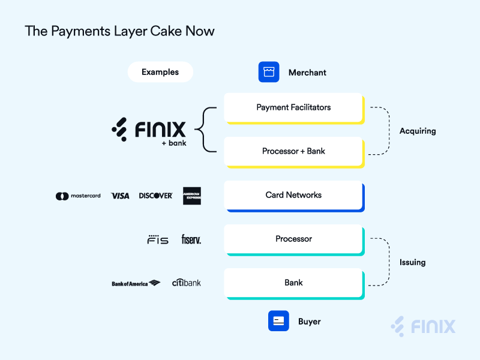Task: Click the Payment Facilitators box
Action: [293, 107]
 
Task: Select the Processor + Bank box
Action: [293, 151]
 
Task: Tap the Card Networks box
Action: [293, 195]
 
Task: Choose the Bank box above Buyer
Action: [293, 283]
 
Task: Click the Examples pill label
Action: [160, 72]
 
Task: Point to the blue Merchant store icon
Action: [269, 72]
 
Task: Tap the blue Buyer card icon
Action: [278, 321]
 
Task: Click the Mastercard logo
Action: [78, 196]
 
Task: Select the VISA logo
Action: [120, 196]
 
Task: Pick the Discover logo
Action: [155, 196]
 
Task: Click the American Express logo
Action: [192, 196]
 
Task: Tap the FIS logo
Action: [158, 239]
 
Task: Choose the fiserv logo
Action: [191, 239]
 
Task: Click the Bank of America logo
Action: [136, 283]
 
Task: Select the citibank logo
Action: [186, 282]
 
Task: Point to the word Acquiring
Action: [418, 131]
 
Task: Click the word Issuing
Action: [412, 262]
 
